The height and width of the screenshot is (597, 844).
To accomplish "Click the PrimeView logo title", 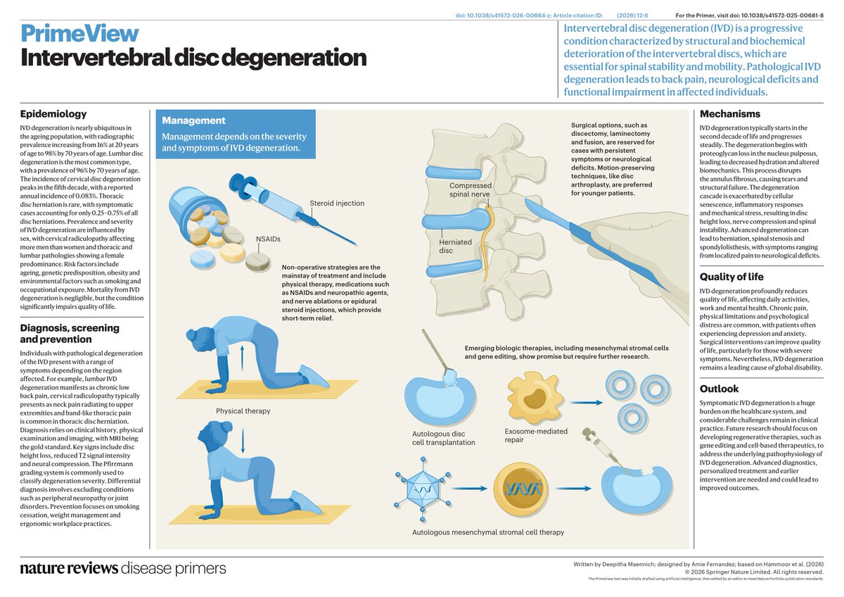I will [x=79, y=32].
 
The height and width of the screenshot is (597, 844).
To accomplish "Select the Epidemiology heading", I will [x=53, y=113].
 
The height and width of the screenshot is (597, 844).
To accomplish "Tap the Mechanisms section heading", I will [x=729, y=113].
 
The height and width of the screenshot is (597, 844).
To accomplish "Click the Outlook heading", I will [x=719, y=389].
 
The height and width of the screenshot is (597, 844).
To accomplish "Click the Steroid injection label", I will [x=337, y=203].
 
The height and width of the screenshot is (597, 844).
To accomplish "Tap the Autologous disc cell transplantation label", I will [x=444, y=438].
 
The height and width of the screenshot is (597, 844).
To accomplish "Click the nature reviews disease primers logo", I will [x=123, y=568].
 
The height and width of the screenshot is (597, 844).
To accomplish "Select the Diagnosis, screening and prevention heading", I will [x=70, y=334].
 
